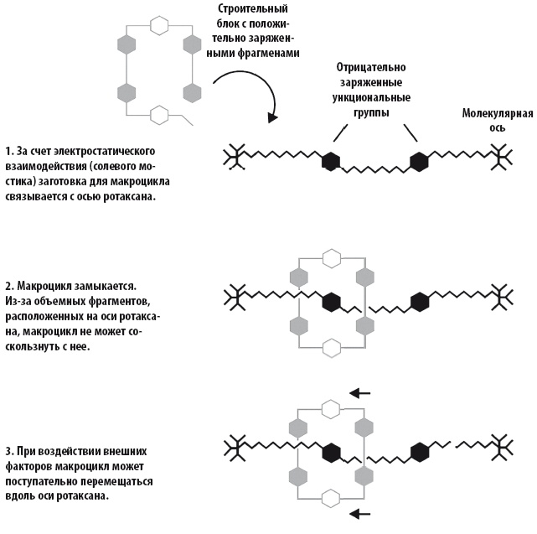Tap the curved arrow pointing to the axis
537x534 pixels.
pos(242,93)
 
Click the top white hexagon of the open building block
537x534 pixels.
pos(157,23)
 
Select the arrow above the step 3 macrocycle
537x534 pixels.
pos(360,391)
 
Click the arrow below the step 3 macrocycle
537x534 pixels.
pos(360,513)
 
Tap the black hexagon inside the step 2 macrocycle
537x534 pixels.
pos(333,299)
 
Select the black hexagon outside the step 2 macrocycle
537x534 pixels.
pos(420,299)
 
